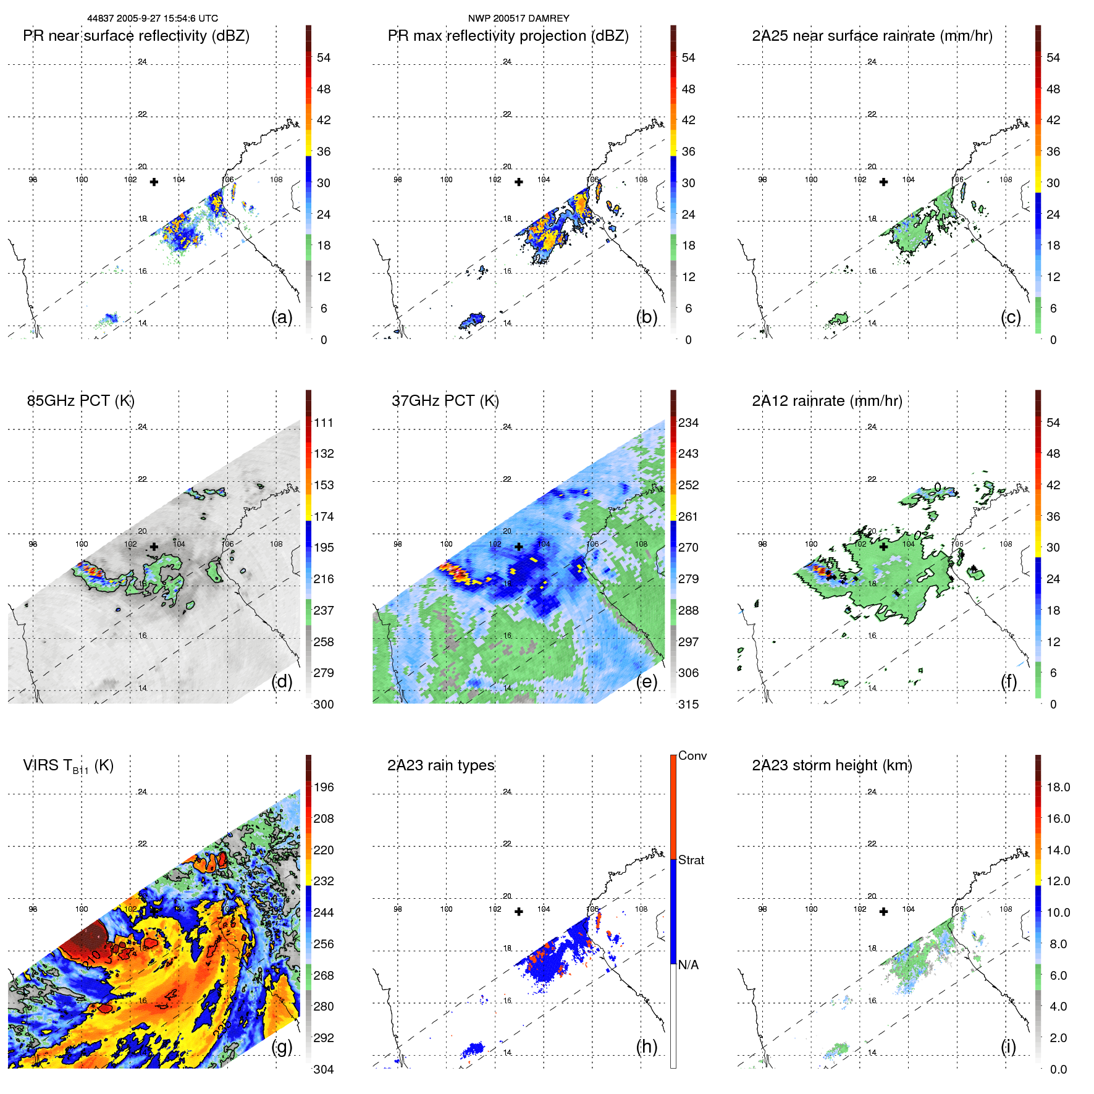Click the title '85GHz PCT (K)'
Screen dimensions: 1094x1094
tap(80, 401)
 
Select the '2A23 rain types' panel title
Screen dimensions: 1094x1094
tap(440, 765)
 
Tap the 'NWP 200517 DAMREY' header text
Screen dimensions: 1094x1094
tap(518, 19)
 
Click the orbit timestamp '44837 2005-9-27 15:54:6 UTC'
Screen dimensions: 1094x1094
tap(153, 19)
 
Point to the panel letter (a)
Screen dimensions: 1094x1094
tap(282, 317)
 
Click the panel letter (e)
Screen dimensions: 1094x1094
tap(646, 681)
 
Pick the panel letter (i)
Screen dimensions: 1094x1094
tap(1008, 1046)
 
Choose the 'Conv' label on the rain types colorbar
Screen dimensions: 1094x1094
tap(692, 755)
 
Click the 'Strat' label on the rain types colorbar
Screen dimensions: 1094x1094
tap(691, 860)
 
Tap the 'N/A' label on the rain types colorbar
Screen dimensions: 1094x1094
tap(688, 965)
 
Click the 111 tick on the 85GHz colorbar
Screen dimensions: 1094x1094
tap(324, 423)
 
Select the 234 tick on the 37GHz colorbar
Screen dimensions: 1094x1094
tap(688, 423)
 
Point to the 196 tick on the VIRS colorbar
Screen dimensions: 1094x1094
tap(324, 787)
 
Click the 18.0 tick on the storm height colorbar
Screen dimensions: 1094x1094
tap(1058, 787)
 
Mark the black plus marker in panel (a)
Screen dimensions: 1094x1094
tap(154, 182)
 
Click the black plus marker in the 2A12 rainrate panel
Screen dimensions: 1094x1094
tap(883, 547)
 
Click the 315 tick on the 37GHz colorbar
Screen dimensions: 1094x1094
tap(688, 704)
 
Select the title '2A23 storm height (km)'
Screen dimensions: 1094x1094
tap(831, 765)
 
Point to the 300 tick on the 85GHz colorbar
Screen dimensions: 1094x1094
tap(324, 704)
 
